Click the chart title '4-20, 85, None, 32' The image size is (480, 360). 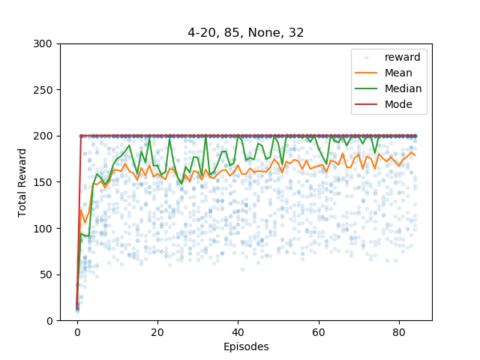click(245, 32)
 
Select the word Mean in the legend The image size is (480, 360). click(398, 73)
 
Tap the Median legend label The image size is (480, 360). click(403, 88)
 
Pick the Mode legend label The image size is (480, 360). click(398, 104)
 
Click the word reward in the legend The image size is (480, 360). click(402, 57)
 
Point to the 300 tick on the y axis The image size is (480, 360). click(43, 43)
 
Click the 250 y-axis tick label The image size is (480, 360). click(43, 90)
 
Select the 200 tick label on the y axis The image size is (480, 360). click(43, 136)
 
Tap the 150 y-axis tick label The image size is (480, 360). click(43, 182)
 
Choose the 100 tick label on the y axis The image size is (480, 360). click(43, 228)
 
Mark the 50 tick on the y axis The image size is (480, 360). click(46, 274)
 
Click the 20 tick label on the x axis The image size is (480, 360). click(157, 332)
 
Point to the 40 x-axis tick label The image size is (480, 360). click(238, 332)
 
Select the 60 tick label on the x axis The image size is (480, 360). click(319, 332)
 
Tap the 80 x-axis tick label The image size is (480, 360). click(399, 332)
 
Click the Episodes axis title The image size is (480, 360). click(246, 346)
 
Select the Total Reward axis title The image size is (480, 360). click(22, 183)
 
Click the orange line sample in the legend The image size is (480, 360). click(366, 73)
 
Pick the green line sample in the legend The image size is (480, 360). click(366, 88)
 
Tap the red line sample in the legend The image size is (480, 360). click(366, 104)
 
